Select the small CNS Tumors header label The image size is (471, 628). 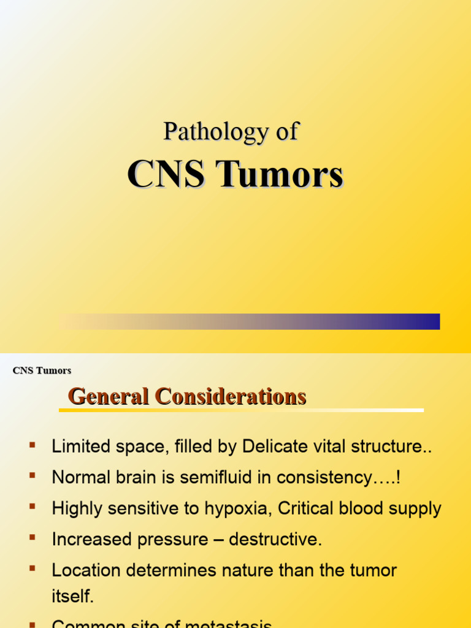click(x=42, y=370)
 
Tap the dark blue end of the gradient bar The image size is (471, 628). click(x=429, y=321)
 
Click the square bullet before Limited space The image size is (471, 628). click(x=32, y=444)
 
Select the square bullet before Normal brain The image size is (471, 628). click(x=32, y=475)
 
